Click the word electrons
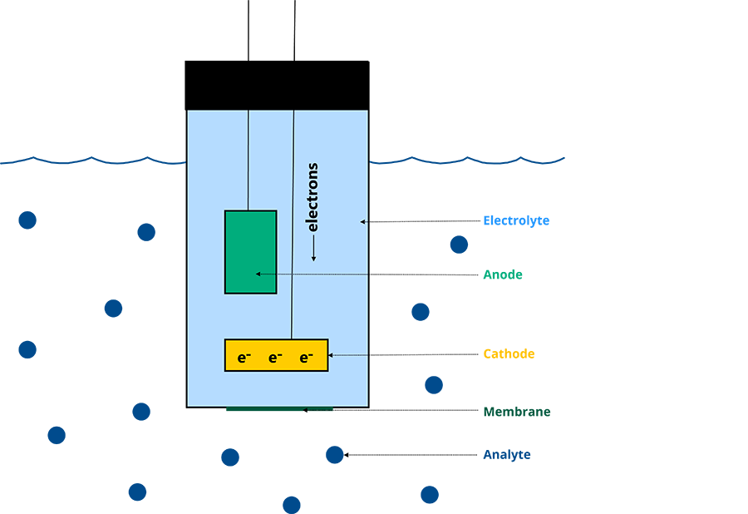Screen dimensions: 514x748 [312, 197]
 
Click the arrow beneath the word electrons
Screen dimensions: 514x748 [312, 249]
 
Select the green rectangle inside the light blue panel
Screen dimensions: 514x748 [250, 251]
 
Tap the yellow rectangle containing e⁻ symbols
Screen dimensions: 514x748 [276, 355]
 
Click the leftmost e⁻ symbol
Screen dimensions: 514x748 [244, 358]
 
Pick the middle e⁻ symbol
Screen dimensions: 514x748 [276, 358]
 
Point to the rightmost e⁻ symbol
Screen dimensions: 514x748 [307, 358]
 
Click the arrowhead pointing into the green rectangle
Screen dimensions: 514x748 [259, 274]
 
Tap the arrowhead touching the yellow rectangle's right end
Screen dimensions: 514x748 [331, 355]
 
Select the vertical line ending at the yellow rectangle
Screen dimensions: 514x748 [293, 225]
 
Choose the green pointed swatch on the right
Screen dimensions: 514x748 [519, 280]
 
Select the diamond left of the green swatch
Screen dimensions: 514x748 [428, 313]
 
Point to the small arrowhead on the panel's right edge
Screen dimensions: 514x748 [362, 221]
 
